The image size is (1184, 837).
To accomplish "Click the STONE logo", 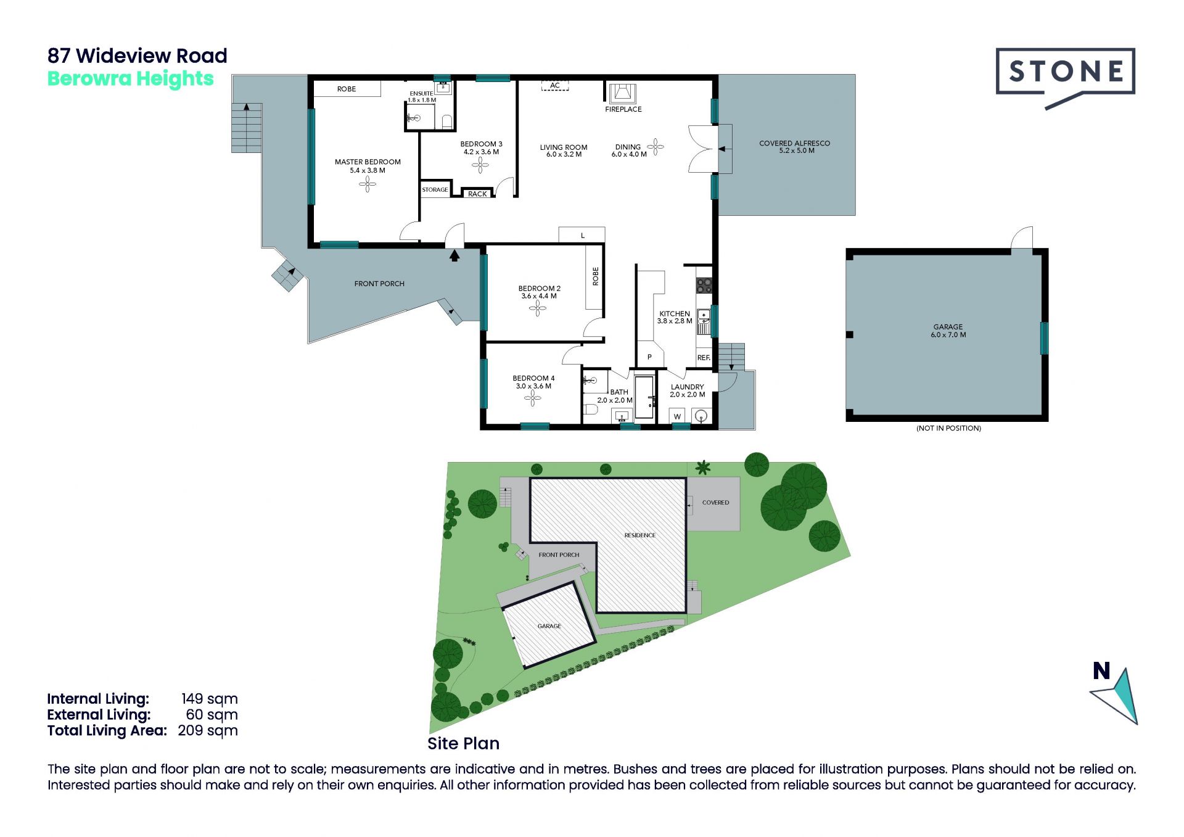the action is tap(1065, 77).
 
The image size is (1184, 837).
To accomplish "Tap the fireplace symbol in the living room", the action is tap(622, 93).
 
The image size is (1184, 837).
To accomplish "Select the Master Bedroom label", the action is tap(368, 166).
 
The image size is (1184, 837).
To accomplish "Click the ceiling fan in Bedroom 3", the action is tap(480, 165).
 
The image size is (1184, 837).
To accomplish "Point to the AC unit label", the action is tap(555, 86).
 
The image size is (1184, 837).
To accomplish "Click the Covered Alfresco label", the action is tap(795, 147).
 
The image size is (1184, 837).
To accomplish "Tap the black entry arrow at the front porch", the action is tap(454, 255).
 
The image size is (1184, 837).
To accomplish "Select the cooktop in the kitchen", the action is tap(704, 286).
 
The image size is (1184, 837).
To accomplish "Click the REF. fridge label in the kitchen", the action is tap(704, 358).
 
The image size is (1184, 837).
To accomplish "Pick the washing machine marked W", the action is tap(677, 416).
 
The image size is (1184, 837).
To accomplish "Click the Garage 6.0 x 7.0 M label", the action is tap(948, 331).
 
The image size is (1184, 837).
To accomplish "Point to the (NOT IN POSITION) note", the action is tap(948, 428).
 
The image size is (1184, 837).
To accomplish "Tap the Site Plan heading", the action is tap(464, 743).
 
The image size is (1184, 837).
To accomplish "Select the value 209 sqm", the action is tap(208, 731).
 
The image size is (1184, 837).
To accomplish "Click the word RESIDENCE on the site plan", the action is tap(640, 535).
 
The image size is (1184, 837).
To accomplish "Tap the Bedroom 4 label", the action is tap(533, 382).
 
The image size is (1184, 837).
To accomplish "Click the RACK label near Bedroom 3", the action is tap(477, 194).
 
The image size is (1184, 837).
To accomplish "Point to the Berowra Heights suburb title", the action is tap(131, 79).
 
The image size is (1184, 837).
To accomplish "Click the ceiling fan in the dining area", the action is tap(656, 147).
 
